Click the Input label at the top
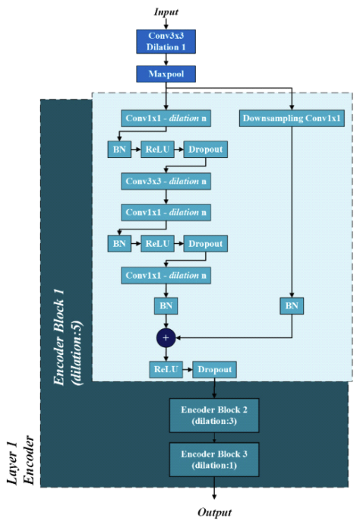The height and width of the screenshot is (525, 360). (166, 11)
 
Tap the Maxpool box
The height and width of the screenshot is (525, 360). (166, 74)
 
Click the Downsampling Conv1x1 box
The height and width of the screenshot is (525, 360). (292, 119)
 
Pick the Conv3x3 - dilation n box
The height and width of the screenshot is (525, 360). (166, 182)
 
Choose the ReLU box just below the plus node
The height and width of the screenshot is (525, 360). (166, 370)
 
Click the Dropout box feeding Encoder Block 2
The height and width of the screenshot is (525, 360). (214, 370)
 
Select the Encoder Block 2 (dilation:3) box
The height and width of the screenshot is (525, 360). (214, 414)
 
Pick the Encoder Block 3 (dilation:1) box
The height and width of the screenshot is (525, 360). (214, 458)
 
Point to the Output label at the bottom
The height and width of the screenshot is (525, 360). (214, 512)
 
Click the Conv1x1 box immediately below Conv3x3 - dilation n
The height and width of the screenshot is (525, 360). (166, 212)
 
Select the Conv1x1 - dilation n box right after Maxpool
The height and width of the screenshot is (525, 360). (166, 119)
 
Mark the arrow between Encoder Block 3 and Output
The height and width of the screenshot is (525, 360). (214, 489)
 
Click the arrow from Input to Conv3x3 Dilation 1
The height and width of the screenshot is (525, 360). (166, 24)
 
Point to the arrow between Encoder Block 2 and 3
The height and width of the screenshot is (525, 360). (214, 436)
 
